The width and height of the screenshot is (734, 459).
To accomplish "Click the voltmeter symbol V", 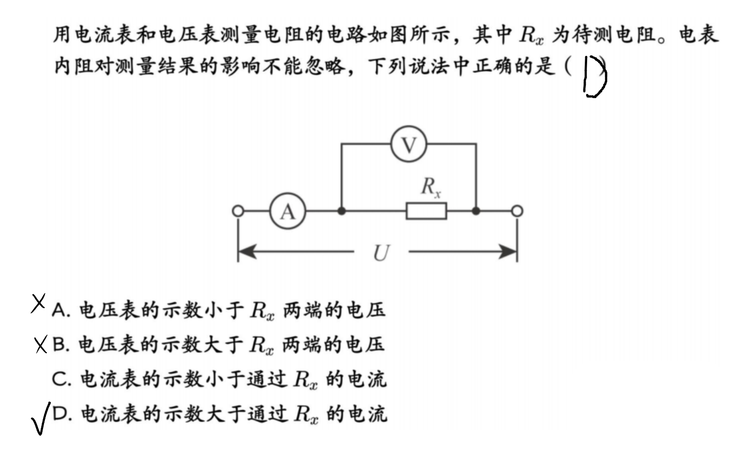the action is pyautogui.click(x=409, y=144).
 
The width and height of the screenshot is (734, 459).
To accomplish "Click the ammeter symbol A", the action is pyautogui.click(x=288, y=211).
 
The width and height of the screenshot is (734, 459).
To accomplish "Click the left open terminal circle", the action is pyautogui.click(x=238, y=211).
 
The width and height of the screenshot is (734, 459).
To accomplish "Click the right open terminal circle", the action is pyautogui.click(x=517, y=211).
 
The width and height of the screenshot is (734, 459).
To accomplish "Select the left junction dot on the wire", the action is pyautogui.click(x=342, y=211).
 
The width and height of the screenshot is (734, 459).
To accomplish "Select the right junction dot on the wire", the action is pyautogui.click(x=476, y=211).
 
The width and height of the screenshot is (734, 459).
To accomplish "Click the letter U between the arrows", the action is pyautogui.click(x=381, y=253).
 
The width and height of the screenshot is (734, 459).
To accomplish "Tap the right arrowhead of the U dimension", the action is pyautogui.click(x=508, y=251).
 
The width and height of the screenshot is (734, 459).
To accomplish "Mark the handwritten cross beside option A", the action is pyautogui.click(x=38, y=303).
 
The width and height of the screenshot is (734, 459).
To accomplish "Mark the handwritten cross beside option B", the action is pyautogui.click(x=41, y=344).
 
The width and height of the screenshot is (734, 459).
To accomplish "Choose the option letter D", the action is pyautogui.click(x=60, y=414).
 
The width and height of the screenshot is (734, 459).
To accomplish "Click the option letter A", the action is pyautogui.click(x=59, y=310).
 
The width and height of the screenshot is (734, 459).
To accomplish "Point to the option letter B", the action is pyautogui.click(x=59, y=344).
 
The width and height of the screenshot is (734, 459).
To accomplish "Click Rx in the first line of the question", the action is pyautogui.click(x=531, y=35).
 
